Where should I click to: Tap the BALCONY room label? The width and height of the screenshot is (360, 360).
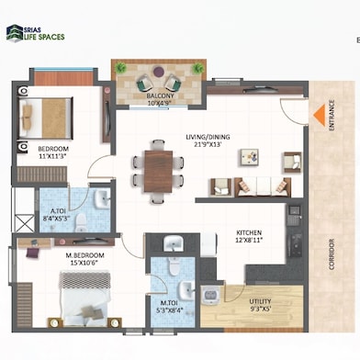pyautogui.click(x=161, y=96)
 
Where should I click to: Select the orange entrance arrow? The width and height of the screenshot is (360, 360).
pyautogui.click(x=318, y=115)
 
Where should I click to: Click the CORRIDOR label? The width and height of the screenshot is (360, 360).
pyautogui.click(x=332, y=264)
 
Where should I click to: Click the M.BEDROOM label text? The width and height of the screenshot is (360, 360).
pyautogui.click(x=84, y=254)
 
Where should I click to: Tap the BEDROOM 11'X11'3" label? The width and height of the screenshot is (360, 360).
pyautogui.click(x=57, y=152)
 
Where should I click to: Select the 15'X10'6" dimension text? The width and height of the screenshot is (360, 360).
pyautogui.click(x=84, y=263)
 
